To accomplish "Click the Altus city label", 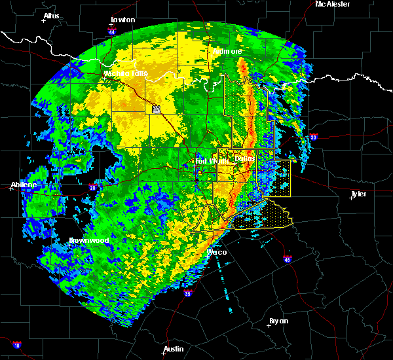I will coord(51,15).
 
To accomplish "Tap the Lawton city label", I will coord(122,20).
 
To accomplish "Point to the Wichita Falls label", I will coord(126,73).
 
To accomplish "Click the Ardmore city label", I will coord(227,50).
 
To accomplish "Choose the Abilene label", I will coord(24,185).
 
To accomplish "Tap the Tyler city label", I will coord(358,194).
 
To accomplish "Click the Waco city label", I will coord(216,252).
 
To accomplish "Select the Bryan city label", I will coord(278,321).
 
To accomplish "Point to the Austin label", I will coord(173,349).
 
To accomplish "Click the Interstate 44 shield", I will coord(113,30).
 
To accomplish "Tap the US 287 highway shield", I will coord(156,110).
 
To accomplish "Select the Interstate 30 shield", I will coord(313,137).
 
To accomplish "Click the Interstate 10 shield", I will coord(17,345).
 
